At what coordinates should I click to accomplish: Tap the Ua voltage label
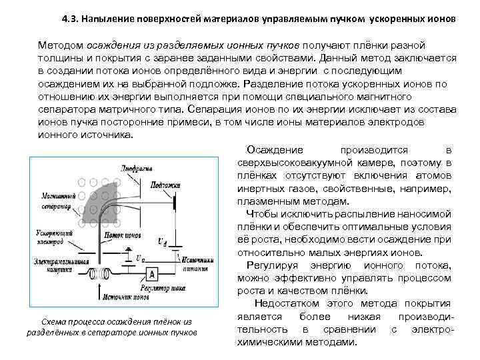[x=139, y=257]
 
